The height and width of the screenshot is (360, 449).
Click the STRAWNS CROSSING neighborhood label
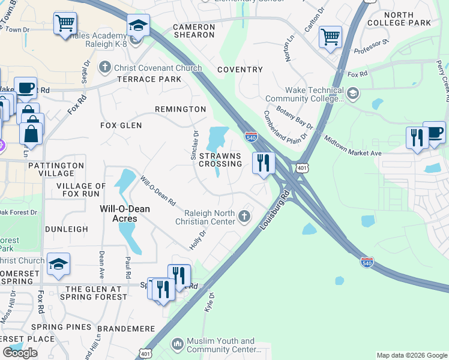(220, 160)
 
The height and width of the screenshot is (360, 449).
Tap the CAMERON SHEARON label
(194, 31)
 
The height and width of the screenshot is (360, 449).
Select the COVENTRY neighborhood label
(240, 70)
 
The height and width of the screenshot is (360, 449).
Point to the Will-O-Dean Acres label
(118, 214)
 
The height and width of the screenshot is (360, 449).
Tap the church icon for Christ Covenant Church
(106, 67)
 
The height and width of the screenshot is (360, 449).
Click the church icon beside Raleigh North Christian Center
(244, 216)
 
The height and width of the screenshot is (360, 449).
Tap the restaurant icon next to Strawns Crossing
(263, 163)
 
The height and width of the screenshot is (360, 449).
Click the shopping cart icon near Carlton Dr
(330, 37)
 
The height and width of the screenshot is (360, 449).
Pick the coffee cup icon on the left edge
(25, 87)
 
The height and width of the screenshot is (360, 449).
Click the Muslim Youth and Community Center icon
(177, 344)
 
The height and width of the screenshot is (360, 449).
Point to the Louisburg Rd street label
(275, 211)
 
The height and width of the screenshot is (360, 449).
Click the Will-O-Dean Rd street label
(158, 190)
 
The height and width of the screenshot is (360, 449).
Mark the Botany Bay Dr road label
(294, 117)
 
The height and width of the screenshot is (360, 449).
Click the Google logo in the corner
(20, 353)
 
